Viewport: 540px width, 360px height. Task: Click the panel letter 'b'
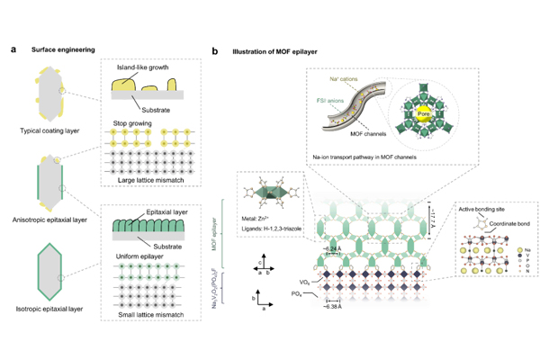214,51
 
